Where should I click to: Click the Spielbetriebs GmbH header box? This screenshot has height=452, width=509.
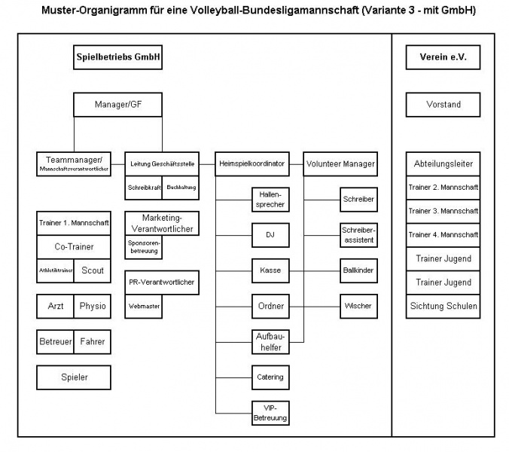coord(118,57)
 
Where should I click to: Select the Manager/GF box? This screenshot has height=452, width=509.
coord(118,105)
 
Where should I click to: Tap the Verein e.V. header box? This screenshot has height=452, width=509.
coord(443,57)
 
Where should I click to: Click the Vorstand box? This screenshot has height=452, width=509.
coord(443,105)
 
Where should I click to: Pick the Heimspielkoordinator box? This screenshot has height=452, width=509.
coord(251,163)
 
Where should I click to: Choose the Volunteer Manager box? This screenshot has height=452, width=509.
coord(340,163)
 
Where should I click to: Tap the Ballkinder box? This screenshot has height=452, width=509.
coord(358,270)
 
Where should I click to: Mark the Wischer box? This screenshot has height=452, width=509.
coord(358,306)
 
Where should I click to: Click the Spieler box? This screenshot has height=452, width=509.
coord(74,377)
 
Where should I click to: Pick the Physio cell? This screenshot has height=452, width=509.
coord(93,306)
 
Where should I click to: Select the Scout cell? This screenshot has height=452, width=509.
coord(93,270)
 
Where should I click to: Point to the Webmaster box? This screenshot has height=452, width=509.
coord(143,307)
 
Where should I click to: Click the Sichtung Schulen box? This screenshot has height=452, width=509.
coord(443,307)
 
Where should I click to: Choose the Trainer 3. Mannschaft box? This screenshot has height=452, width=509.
coord(443,211)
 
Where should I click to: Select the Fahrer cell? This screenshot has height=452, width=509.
coord(93,341)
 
